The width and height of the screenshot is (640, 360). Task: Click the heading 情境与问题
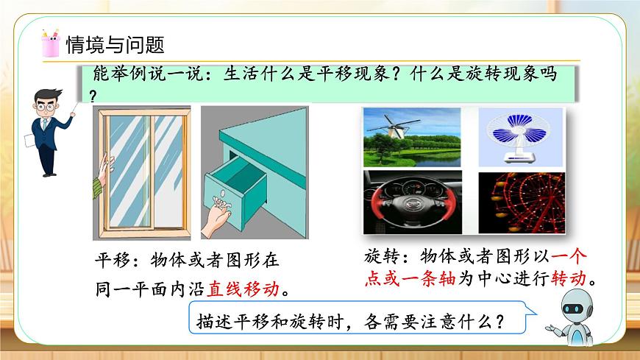coord(115,45)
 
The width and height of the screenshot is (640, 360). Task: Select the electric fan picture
coord(521,137)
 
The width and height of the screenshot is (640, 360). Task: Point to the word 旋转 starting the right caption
coord(380,256)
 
